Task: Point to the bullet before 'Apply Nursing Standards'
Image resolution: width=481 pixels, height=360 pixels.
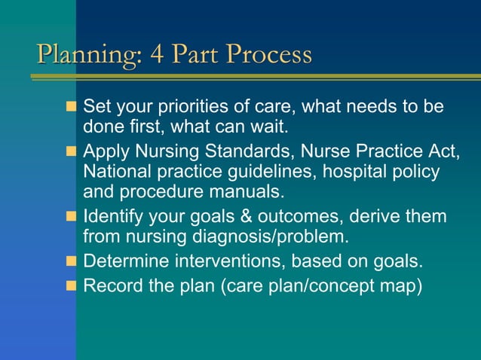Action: [72, 154]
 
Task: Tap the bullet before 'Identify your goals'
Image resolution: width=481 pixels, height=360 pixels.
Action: [72, 218]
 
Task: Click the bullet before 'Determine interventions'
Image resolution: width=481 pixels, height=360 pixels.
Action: [72, 262]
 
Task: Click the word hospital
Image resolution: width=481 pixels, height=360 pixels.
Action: [351, 172]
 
